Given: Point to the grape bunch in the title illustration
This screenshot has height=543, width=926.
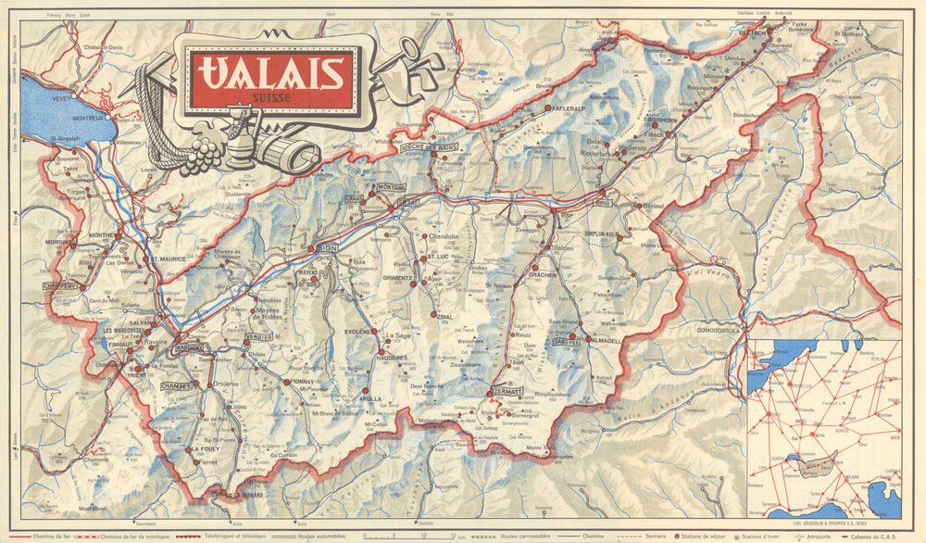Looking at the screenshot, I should [x=201, y=154].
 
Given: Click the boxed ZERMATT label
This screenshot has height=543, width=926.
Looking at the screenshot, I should [x=508, y=391].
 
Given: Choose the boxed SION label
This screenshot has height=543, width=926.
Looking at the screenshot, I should [x=327, y=248].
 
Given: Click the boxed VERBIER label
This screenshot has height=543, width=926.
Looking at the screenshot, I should [x=259, y=336].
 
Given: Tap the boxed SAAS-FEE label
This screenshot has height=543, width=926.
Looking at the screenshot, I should [x=567, y=341].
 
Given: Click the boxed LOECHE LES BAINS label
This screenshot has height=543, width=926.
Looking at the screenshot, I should [x=430, y=146].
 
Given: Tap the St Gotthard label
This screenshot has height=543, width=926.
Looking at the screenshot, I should [x=847, y=34].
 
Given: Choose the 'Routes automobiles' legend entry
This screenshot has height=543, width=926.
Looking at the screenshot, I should [x=323, y=537].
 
